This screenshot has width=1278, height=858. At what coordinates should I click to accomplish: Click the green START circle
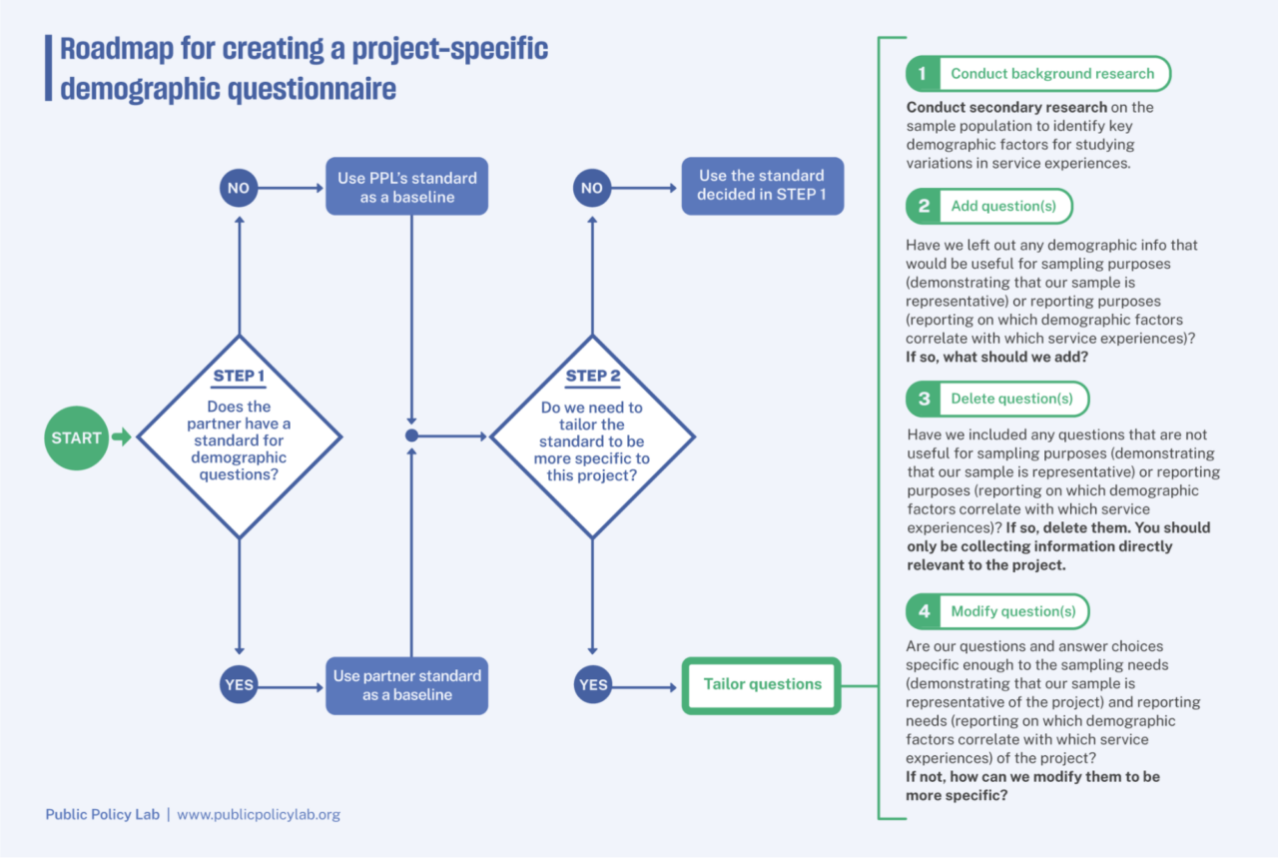(77, 437)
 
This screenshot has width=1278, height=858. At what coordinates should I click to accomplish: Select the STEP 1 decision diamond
(240, 436)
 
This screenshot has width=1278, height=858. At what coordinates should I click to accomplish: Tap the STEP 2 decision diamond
(592, 436)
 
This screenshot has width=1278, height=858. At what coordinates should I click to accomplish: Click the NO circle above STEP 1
(239, 188)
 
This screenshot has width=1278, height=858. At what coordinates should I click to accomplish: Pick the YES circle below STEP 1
(239, 684)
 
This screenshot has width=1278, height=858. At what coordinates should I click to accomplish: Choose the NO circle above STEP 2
(592, 188)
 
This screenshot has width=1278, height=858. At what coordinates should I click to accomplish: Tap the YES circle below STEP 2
(593, 684)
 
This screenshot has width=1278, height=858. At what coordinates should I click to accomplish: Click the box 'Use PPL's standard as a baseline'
(406, 187)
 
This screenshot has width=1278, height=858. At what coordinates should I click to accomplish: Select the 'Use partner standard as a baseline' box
(406, 685)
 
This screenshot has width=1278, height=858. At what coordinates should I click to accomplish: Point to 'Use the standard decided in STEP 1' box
(762, 186)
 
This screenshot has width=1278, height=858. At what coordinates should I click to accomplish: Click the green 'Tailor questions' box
(761, 685)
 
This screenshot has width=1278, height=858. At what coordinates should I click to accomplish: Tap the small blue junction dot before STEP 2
(411, 436)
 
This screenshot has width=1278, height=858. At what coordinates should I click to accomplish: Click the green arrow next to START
(122, 437)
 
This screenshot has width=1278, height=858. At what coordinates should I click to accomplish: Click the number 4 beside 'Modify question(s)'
(924, 611)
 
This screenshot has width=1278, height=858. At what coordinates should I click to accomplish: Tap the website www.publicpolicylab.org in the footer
(259, 815)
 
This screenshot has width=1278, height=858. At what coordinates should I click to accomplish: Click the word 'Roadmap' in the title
(117, 49)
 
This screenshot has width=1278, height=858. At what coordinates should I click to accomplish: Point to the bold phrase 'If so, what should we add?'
(996, 358)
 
